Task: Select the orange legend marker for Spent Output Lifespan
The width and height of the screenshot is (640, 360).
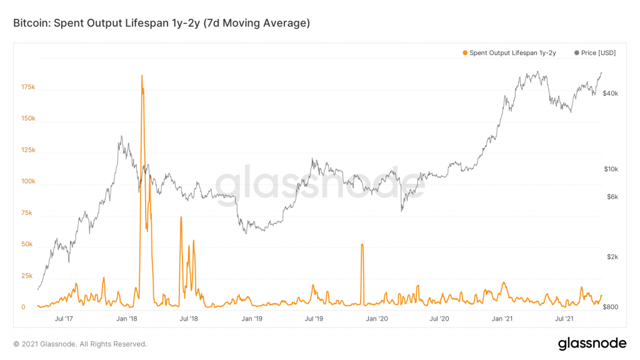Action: pos(465,53)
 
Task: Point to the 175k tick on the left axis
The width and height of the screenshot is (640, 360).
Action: pos(27,87)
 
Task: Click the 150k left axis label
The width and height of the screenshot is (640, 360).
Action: pos(27,119)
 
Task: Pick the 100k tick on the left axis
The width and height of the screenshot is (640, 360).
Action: pos(27,182)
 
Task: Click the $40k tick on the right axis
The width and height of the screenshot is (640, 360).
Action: pos(610,94)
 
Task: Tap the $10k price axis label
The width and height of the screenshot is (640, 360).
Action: pos(610,169)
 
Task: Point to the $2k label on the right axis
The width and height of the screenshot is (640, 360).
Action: pos(612,257)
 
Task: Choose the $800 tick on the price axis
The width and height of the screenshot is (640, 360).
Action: pos(611,307)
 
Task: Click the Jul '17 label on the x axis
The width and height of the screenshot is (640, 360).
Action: pos(64,319)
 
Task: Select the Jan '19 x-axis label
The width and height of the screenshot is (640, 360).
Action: pos(252,319)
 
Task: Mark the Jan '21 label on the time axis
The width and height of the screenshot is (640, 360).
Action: pos(502,319)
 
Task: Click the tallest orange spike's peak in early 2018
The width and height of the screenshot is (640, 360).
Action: pos(142,76)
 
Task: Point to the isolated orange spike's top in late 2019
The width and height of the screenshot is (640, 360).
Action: pos(362,244)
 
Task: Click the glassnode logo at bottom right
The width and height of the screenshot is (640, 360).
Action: pos(592,343)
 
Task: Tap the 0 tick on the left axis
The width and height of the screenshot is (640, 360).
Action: pos(23,307)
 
